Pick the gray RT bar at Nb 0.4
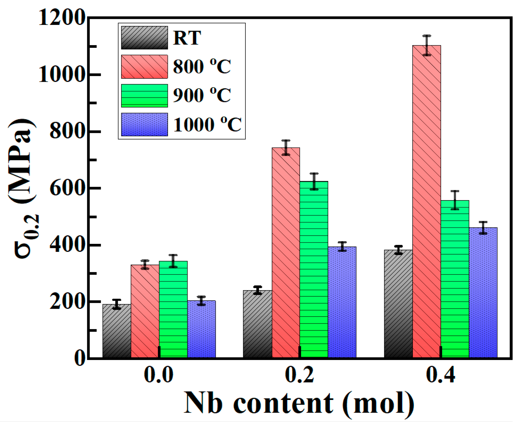pos(398,303)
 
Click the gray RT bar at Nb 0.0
pos(117,331)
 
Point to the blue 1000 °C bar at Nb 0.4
pos(483,293)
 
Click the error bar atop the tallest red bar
pos(426,45)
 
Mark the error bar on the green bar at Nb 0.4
pos(455,200)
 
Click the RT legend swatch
pos(144,38)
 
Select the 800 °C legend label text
pos(202,66)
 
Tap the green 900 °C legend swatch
pos(144,95)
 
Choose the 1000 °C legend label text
pos(207,125)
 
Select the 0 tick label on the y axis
pos(80,358)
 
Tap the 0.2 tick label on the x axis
pos(299,375)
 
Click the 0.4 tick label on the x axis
pos(440,375)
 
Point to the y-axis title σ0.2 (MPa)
pos(23,189)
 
